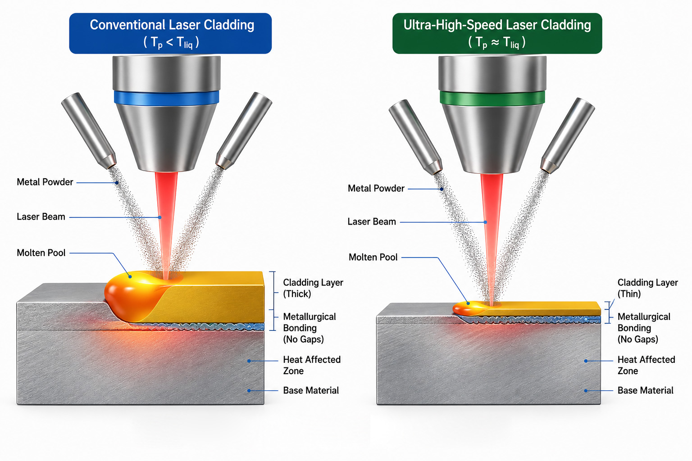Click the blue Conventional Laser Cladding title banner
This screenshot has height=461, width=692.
point(170,33)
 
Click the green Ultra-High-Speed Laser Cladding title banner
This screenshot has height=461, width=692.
point(497,33)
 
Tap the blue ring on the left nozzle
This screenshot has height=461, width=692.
point(167,98)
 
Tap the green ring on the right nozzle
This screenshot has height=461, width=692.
point(492,98)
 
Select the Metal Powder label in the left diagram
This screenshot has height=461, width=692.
point(45,182)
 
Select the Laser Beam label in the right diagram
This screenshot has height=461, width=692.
point(372,221)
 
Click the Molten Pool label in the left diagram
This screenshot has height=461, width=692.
point(41,253)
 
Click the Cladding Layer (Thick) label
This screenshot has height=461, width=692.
point(313,288)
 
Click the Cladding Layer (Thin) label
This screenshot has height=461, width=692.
point(647,288)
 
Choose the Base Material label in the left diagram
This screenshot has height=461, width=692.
point(311,391)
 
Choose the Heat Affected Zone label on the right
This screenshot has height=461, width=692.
point(646,365)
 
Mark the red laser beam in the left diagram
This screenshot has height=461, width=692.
point(166,226)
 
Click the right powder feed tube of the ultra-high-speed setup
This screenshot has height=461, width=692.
point(568,135)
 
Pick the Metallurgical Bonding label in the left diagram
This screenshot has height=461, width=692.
point(310,328)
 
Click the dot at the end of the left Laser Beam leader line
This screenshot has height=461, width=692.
point(160,217)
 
